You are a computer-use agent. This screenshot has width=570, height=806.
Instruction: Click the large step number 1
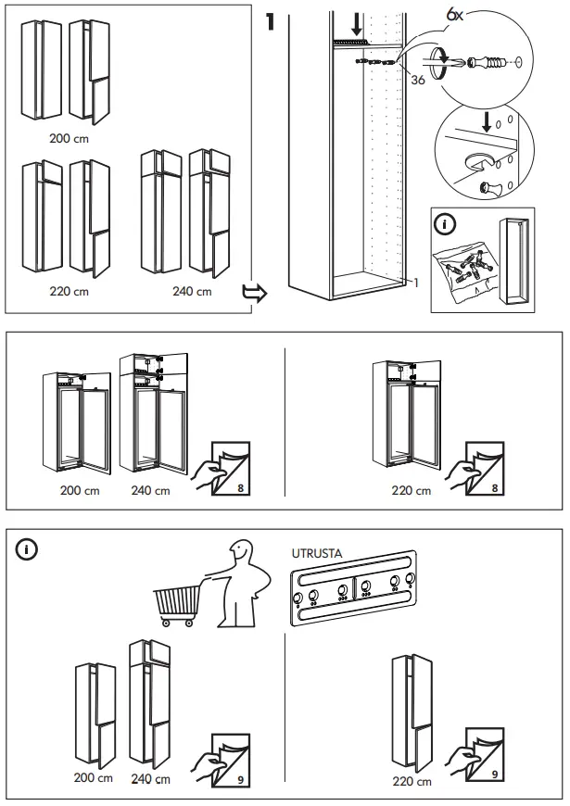271,22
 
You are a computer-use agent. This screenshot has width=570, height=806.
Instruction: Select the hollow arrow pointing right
253,294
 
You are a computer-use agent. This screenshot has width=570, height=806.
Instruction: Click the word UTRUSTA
316,553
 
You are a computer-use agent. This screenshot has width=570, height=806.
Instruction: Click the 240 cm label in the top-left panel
192,291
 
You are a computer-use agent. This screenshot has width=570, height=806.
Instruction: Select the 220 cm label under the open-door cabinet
412,491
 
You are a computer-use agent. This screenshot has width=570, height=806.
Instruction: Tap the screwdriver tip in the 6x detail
449,62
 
